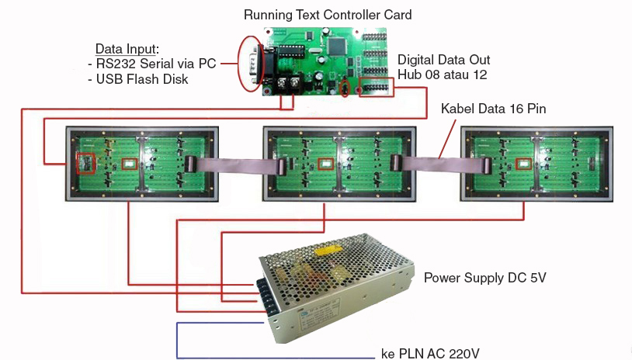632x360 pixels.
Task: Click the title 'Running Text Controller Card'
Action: click(327, 14)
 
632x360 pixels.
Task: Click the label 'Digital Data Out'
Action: click(443, 60)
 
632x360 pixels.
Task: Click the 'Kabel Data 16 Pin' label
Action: click(493, 109)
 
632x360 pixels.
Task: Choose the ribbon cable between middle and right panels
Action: click(438, 163)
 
